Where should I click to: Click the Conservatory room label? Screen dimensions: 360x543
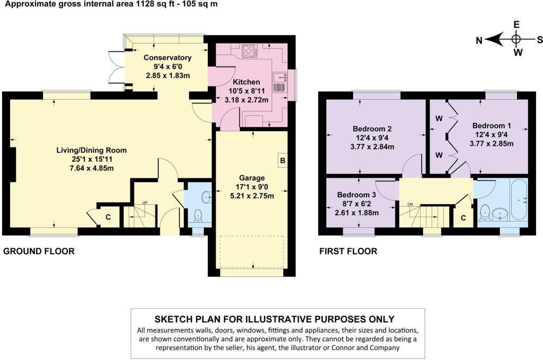click(168, 58)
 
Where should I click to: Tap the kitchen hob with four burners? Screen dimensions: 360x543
click(249, 51)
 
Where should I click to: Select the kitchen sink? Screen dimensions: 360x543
click(280, 82)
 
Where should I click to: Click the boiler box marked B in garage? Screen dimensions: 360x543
click(283, 160)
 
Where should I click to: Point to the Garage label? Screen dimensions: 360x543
click(251, 178)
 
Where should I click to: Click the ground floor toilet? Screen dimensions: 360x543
click(198, 215)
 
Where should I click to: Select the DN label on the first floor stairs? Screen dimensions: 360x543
click(410, 204)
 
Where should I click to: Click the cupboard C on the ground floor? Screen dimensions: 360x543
click(108, 216)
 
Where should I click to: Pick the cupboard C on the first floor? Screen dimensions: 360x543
click(463, 217)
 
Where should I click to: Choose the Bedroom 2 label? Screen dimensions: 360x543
click(372, 128)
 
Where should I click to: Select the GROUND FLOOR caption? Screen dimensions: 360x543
click(39, 251)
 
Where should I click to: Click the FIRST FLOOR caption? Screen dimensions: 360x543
click(348, 251)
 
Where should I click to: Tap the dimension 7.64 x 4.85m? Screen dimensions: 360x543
click(92, 168)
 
